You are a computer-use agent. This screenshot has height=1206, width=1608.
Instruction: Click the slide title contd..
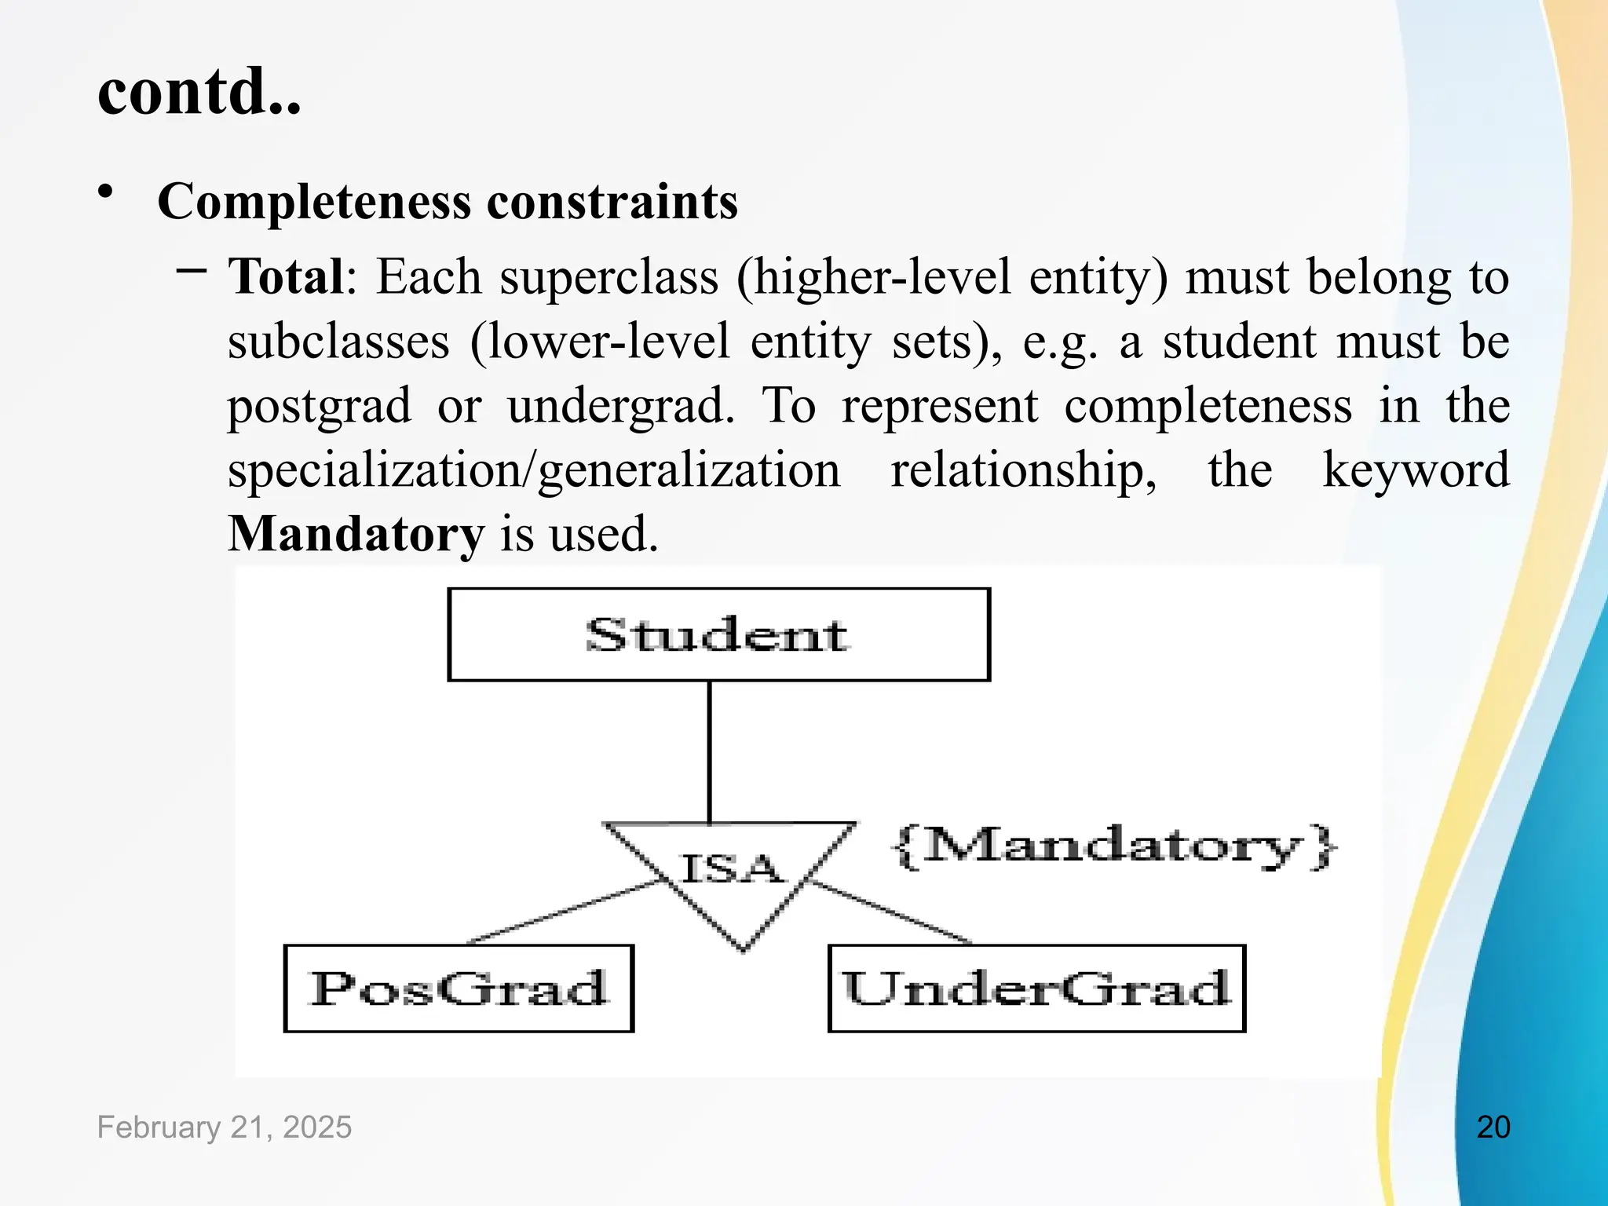tap(199, 92)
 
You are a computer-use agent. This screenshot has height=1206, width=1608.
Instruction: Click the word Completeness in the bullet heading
tap(314, 202)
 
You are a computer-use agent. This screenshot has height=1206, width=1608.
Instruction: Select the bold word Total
tap(286, 277)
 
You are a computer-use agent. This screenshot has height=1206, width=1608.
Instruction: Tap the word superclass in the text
tap(608, 277)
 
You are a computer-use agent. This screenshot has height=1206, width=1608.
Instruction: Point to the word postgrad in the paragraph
tap(319, 406)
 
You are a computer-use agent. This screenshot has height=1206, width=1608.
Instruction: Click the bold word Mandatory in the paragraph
tap(356, 534)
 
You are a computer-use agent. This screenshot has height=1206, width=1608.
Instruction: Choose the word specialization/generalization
tap(534, 470)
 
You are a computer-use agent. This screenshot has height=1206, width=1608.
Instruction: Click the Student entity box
tap(718, 634)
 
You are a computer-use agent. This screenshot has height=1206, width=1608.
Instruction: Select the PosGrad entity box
tap(459, 988)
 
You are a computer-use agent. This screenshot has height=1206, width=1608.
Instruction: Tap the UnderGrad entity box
tap(1036, 988)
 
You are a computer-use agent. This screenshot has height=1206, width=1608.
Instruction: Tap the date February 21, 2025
tap(225, 1127)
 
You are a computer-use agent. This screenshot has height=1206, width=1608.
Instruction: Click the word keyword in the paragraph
tap(1416, 470)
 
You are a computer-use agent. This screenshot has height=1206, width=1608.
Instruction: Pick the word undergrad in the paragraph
tap(620, 406)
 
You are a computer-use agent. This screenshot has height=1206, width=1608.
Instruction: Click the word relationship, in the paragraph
tap(1023, 470)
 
